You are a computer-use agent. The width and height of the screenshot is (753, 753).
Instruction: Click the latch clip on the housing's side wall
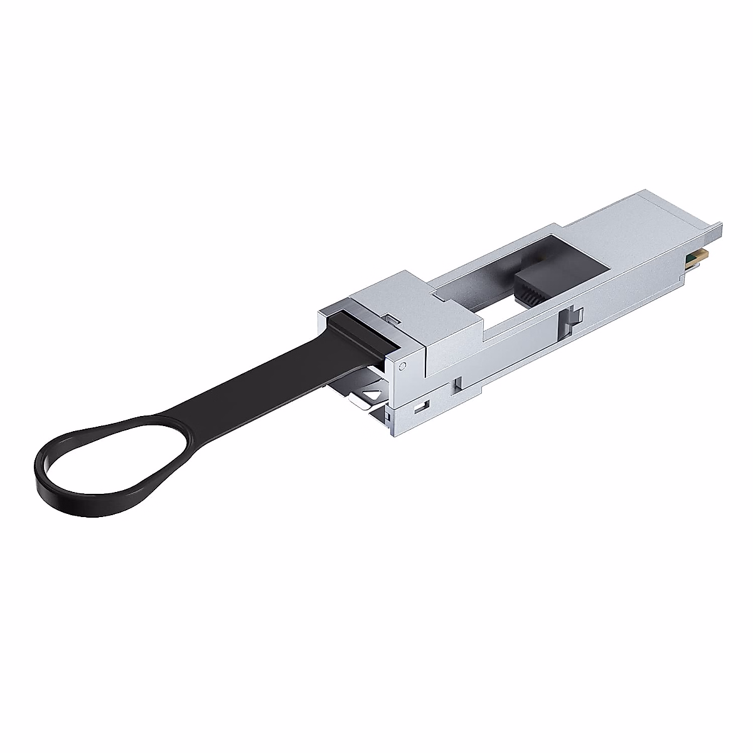click(x=574, y=317)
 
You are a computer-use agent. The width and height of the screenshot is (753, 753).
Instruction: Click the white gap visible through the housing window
click(x=502, y=307)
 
